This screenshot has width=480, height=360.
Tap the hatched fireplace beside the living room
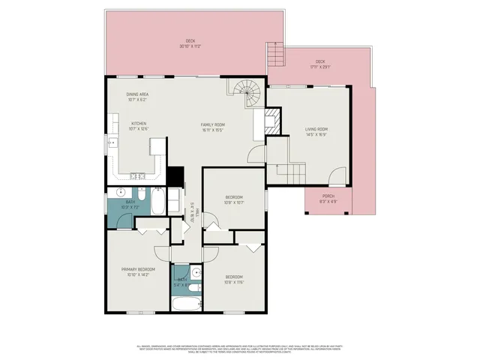(271, 121)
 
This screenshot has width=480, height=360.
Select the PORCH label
(328, 196)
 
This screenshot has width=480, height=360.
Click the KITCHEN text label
(139, 124)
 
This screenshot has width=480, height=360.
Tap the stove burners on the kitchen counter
(138, 176)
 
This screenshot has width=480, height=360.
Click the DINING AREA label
(138, 94)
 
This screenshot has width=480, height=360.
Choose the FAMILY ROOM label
(213, 124)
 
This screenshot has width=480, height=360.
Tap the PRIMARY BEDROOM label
(139, 269)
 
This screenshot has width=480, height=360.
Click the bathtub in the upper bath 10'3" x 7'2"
(159, 202)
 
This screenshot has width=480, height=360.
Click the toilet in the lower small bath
(192, 288)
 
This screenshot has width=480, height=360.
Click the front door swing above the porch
(338, 178)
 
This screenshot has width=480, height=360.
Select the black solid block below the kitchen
(176, 176)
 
